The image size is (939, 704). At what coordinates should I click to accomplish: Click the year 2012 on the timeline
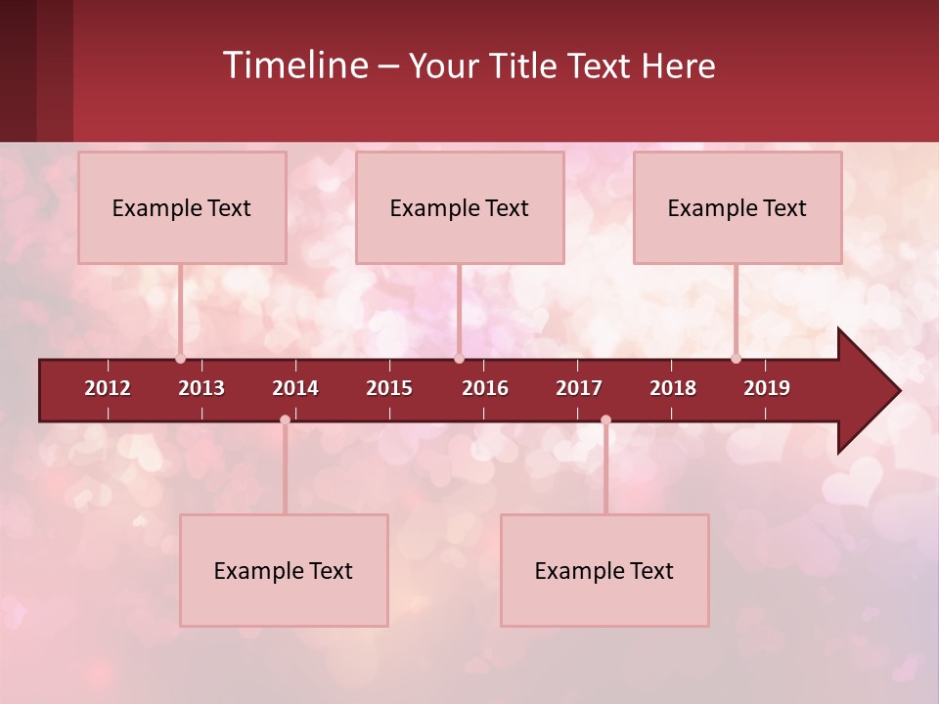pos(108,388)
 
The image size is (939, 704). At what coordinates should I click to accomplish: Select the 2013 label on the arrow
pos(201,388)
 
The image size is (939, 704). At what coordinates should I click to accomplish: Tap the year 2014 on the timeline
pos(295,388)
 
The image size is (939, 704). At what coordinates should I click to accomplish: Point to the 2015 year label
pos(389,388)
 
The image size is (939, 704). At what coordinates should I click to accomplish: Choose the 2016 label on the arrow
pos(485,388)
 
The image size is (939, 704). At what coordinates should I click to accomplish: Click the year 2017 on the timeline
pos(579,388)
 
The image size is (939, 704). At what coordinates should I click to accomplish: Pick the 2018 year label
pos(673,388)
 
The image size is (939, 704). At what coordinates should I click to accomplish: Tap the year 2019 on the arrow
pos(767,388)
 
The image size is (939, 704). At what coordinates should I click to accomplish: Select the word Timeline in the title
pos(294,66)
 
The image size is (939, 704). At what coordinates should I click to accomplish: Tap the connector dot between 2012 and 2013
pos(180,358)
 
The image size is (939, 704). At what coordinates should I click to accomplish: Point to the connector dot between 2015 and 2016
pos(459,358)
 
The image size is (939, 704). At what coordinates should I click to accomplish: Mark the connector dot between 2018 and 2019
pos(736,358)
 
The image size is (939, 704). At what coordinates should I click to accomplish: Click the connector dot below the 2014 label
pos(285,419)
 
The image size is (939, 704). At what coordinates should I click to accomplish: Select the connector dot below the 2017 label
pos(605,419)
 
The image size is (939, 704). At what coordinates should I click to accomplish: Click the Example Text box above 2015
pos(459,207)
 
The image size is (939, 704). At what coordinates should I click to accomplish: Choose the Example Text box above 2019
pos(737,207)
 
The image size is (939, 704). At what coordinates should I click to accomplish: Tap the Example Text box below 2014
pos(284,570)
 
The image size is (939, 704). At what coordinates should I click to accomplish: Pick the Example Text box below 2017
pos(604,570)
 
